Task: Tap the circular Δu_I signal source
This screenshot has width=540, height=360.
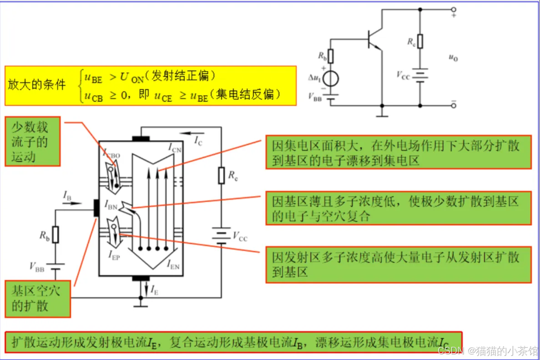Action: tap(331, 78)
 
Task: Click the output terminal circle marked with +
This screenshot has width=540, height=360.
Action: tap(453, 9)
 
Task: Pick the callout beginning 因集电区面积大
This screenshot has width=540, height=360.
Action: tap(398, 152)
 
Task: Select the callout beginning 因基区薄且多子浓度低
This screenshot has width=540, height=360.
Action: tap(398, 208)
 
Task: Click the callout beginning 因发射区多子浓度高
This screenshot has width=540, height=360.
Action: tap(398, 265)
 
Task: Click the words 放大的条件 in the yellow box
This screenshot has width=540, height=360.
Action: tap(37, 85)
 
